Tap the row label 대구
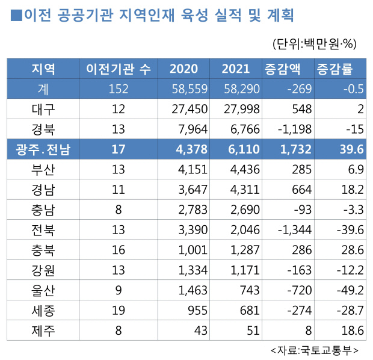tap(43, 109)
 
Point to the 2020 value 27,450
tap(188, 109)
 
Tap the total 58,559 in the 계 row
tap(188, 89)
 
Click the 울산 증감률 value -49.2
tap(350, 290)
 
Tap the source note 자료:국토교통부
tap(315, 350)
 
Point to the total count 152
tap(119, 89)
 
